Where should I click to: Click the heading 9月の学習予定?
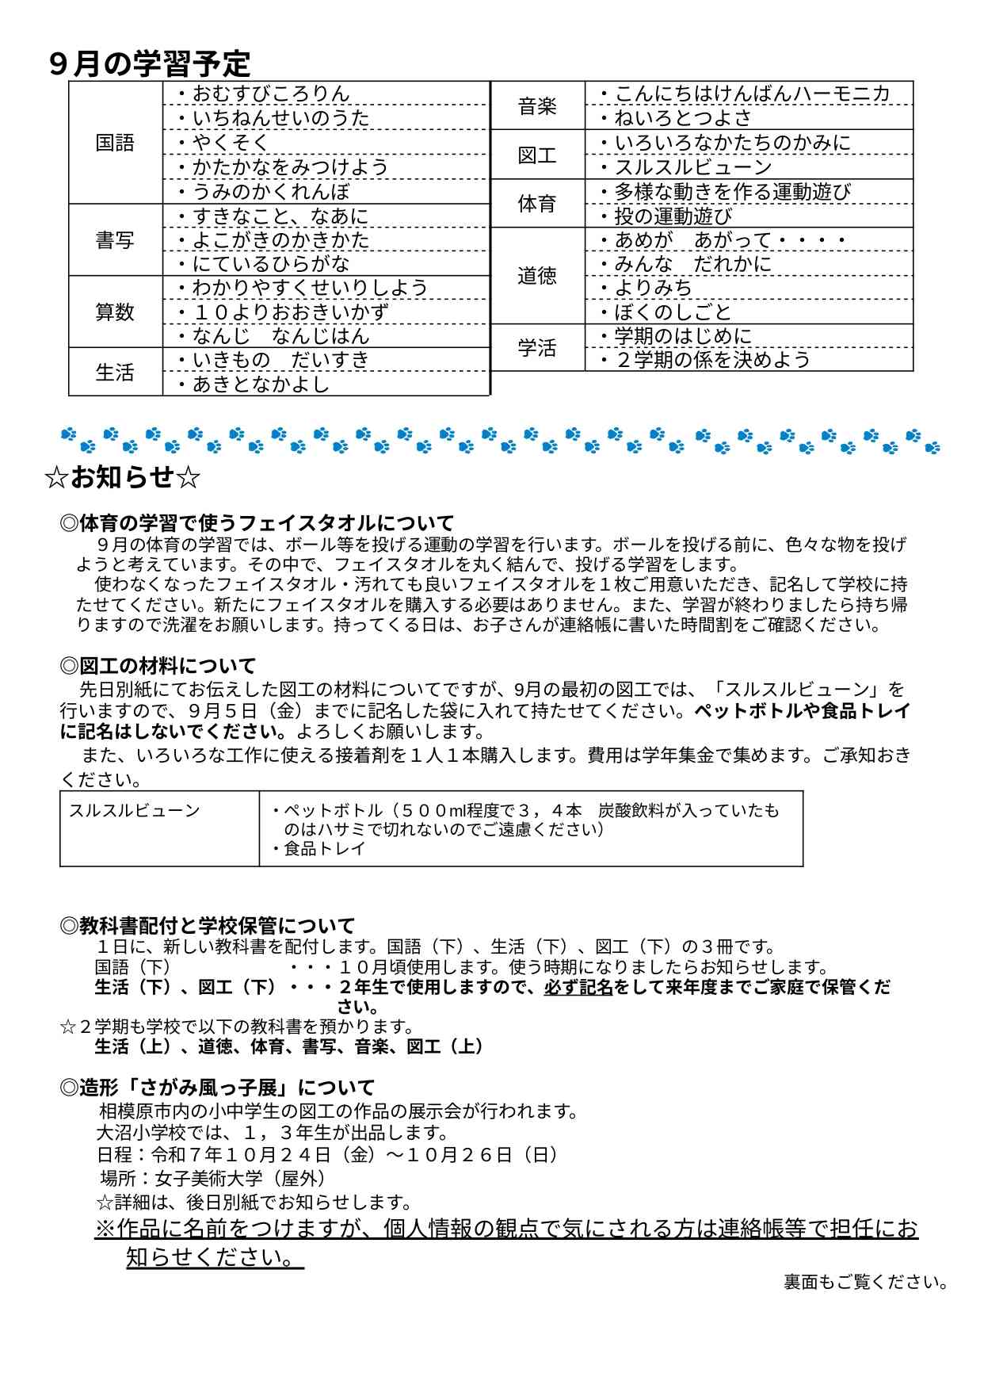click(150, 64)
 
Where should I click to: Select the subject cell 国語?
click(115, 143)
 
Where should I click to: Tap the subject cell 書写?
click(115, 240)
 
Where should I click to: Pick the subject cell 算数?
click(115, 312)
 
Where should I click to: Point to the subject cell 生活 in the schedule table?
click(115, 372)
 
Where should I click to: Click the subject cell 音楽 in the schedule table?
click(537, 105)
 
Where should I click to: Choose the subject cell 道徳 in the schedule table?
click(537, 276)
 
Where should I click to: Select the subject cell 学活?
click(537, 348)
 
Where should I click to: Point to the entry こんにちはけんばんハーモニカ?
click(752, 94)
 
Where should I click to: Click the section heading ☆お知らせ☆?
click(123, 477)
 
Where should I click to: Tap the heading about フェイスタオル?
click(257, 523)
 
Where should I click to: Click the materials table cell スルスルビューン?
click(134, 811)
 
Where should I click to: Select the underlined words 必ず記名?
click(578, 988)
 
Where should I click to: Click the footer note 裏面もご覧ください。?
click(865, 1282)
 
